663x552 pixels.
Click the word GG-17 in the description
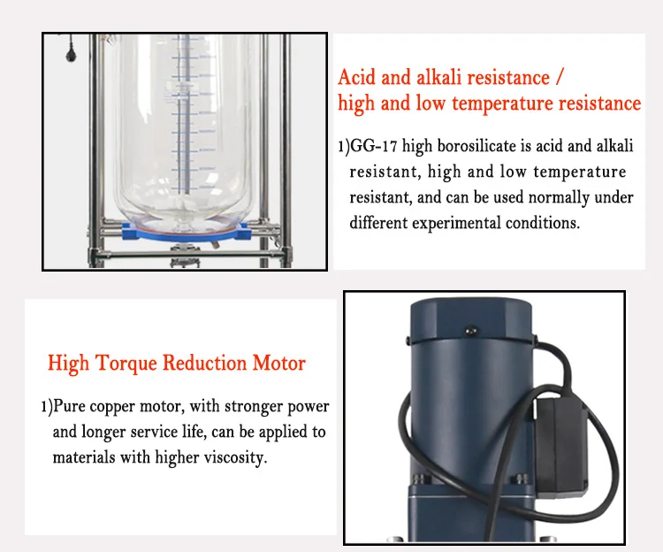click(x=371, y=146)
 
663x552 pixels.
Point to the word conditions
click(x=542, y=222)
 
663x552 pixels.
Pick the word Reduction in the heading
click(x=205, y=363)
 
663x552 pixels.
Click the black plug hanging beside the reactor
click(x=67, y=55)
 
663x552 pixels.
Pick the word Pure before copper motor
click(x=71, y=407)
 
